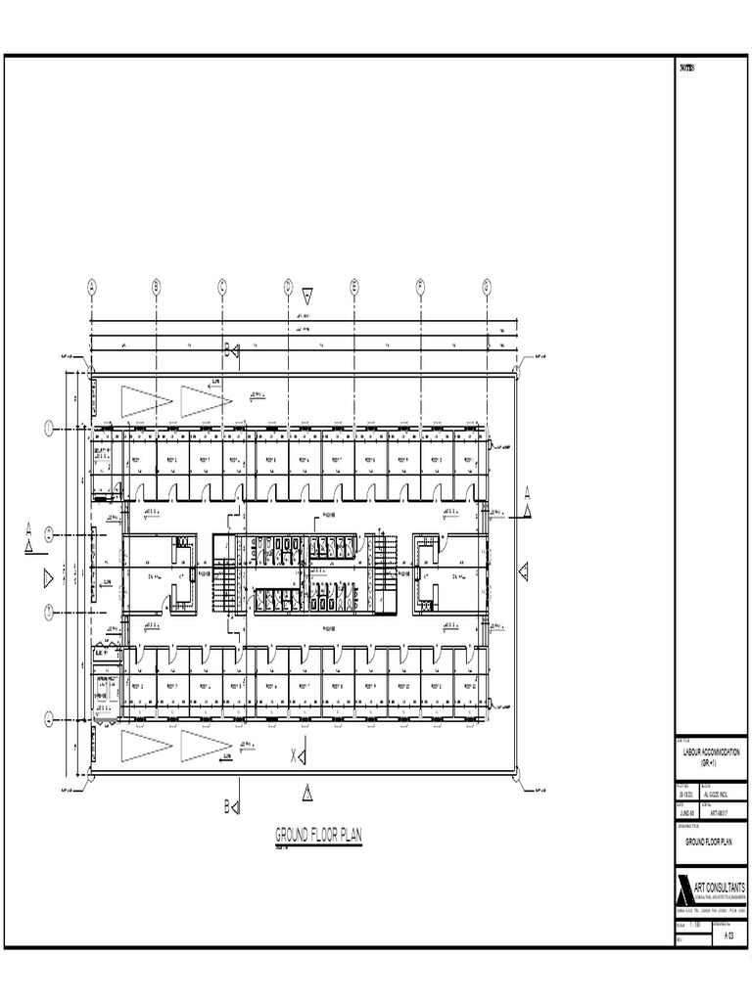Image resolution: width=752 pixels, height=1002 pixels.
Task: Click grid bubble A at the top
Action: tap(91, 286)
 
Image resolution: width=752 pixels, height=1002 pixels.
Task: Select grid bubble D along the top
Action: tap(288, 286)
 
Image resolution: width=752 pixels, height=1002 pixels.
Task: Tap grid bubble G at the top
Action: tap(486, 286)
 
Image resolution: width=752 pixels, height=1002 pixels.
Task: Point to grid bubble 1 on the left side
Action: tap(47, 427)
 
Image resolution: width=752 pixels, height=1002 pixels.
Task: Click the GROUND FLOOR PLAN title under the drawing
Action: tap(318, 835)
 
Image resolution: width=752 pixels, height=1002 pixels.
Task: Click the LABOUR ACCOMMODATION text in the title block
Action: tap(712, 752)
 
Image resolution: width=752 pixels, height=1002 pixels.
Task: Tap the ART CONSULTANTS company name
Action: tap(719, 887)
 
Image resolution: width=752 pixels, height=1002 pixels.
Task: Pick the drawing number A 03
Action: tap(728, 936)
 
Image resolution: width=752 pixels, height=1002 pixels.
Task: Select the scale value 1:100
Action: tap(696, 925)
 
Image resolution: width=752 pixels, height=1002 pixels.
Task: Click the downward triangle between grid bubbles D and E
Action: tap(307, 294)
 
